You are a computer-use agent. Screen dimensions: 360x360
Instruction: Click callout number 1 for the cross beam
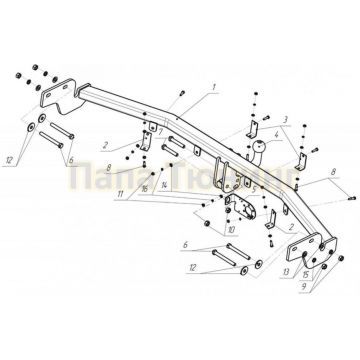213,88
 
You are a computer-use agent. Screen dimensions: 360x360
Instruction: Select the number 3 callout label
284,119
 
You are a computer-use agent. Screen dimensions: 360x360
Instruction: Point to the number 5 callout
256,187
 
